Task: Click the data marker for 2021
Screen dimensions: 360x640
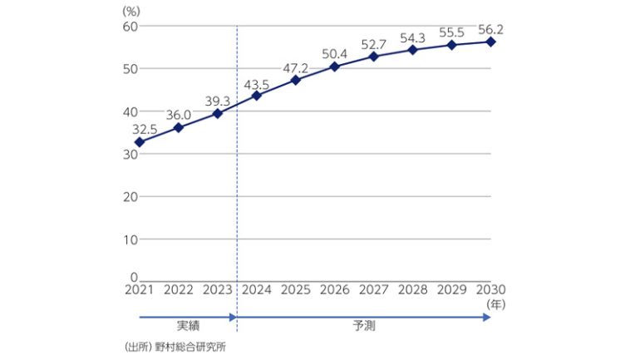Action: (140, 142)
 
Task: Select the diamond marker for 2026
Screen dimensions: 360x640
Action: (335, 66)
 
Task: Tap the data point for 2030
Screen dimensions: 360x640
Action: (491, 42)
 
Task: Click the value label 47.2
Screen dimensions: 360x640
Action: (296, 67)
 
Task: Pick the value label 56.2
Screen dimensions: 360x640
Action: (491, 28)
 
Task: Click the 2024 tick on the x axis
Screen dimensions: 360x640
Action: (257, 289)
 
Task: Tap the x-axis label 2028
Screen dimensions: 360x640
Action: (413, 289)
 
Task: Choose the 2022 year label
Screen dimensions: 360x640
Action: (179, 289)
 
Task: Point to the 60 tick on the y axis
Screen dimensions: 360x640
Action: (128, 27)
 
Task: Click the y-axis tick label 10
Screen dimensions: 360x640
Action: (128, 239)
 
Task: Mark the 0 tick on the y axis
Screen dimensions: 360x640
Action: (132, 277)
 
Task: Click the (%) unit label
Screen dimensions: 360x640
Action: (132, 11)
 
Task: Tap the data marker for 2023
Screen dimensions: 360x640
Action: (218, 113)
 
